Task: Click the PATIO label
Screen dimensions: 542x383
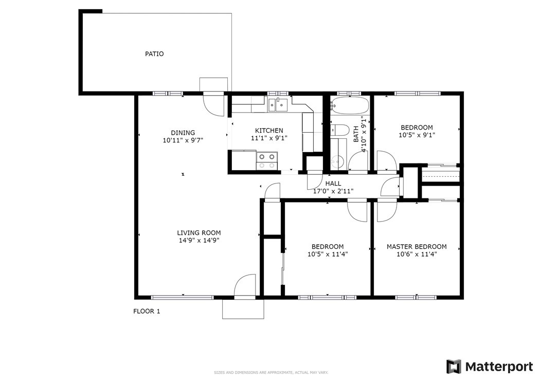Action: pos(154,54)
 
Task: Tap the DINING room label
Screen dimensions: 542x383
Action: pos(183,133)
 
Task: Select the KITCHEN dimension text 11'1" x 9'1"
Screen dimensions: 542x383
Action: pos(269,138)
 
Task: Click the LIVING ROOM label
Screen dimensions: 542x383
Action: pos(199,233)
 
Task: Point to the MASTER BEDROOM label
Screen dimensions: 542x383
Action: pos(417,247)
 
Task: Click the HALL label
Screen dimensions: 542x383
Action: pos(333,184)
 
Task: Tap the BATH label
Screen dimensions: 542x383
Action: pos(356,134)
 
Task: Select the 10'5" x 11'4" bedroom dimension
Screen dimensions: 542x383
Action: pos(328,254)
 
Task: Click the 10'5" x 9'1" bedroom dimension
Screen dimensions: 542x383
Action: pos(417,135)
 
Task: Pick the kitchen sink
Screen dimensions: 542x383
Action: pos(278,104)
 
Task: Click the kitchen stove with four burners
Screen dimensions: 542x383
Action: pos(267,161)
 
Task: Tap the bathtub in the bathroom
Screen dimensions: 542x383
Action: pos(350,105)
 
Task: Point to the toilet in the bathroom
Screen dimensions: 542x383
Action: pos(339,130)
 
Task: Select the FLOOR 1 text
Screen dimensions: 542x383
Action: pos(147,312)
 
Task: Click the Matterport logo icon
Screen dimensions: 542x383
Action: pos(453,367)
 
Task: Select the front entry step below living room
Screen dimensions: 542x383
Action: pos(243,309)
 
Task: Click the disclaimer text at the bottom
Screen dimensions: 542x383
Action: pos(271,373)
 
